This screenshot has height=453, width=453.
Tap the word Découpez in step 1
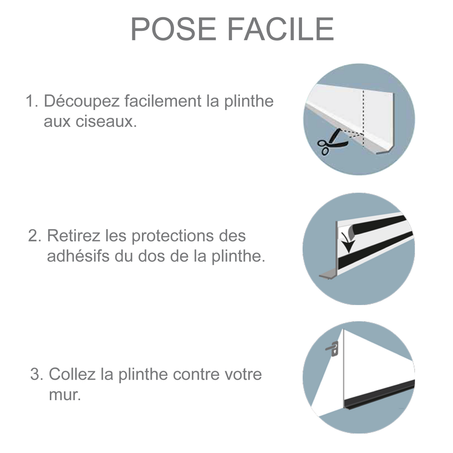click(82, 102)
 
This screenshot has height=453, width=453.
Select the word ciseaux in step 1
click(112, 122)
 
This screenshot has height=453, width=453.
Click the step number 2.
click(34, 236)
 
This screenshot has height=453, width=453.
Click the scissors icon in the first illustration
click(330, 142)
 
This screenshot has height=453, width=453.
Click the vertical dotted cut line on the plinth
click(363, 113)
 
